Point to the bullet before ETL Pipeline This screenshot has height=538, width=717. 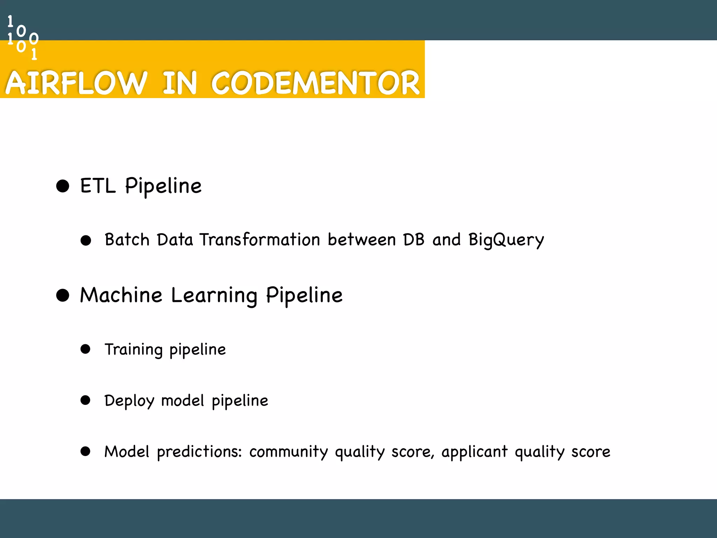[x=63, y=186]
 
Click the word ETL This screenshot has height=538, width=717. [x=98, y=186]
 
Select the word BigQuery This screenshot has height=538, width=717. [x=506, y=241]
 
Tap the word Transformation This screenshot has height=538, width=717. [x=260, y=240]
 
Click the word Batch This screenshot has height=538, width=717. [x=127, y=240]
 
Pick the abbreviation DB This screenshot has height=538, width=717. [x=414, y=240]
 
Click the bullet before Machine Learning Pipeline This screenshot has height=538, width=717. [x=63, y=295]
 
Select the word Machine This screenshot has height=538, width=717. [x=121, y=295]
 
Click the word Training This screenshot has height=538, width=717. [x=134, y=350]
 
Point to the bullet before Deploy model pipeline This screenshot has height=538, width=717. [x=85, y=400]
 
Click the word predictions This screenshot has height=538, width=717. [x=199, y=452]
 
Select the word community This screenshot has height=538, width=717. [x=288, y=452]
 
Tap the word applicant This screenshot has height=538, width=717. [x=474, y=452]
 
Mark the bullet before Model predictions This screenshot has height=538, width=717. [x=85, y=451]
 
